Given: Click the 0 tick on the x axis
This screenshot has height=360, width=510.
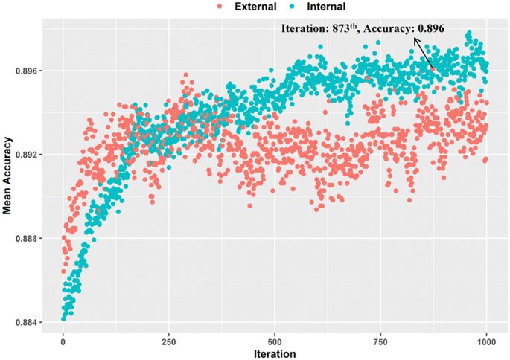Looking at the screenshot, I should (63, 340).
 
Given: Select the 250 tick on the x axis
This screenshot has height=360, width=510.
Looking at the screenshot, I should (169, 340).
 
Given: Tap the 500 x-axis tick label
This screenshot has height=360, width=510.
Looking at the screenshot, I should (275, 340).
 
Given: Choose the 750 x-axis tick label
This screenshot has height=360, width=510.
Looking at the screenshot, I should (380, 340).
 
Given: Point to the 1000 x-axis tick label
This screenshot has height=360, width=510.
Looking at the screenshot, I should (486, 340).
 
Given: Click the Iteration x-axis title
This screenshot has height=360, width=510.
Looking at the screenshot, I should (275, 353).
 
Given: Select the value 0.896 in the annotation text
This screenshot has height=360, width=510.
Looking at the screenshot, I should (430, 29).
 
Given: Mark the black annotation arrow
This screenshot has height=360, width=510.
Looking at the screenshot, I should (422, 53).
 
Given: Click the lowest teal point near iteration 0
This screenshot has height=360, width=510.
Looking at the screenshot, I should (63, 319).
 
